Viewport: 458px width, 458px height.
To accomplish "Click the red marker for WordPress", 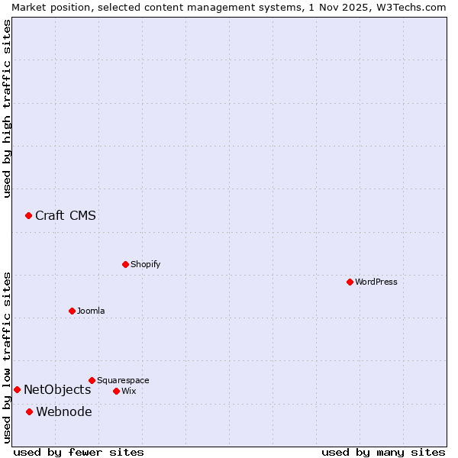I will [350, 282].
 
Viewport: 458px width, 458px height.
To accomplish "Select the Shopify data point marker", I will [125, 264].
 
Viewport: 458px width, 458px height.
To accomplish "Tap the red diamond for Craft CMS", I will [28, 216].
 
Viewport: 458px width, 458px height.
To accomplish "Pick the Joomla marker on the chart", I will [72, 311].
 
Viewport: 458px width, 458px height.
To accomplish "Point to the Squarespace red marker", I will [92, 380].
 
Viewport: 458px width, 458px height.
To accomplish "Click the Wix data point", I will [116, 391].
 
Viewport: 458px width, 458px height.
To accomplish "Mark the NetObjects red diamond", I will [17, 390].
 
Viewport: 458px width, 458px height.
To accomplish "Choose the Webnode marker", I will [29, 412].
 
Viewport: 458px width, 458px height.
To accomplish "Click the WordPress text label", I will [376, 282].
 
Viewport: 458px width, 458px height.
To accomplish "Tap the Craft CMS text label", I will [66, 215].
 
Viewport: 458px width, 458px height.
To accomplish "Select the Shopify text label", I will [146, 264].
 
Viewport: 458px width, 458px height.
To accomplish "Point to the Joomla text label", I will [91, 311].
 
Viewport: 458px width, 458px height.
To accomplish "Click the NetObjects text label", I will [57, 390].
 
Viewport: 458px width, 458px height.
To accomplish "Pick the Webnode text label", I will [64, 412].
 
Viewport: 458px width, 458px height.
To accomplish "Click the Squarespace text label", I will [123, 380].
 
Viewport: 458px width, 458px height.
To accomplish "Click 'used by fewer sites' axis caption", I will [79, 452].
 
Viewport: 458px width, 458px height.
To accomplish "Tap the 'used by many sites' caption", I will [383, 452].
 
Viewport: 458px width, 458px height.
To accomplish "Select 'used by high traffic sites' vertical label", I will [7, 108].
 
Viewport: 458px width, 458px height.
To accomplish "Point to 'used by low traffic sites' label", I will [7, 357].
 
